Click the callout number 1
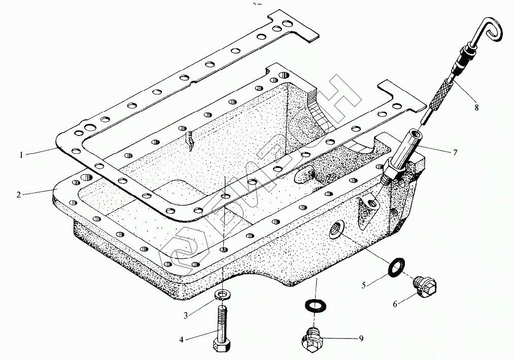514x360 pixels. (21, 155)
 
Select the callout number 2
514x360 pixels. (19, 195)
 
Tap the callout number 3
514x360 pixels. (186, 316)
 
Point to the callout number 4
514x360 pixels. (181, 340)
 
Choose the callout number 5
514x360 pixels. (363, 285)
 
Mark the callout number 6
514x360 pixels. (395, 305)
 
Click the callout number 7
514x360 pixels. (455, 153)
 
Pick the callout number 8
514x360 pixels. (476, 107)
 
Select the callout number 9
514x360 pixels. (361, 338)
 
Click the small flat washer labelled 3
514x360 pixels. (223, 294)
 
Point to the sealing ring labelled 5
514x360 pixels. (396, 267)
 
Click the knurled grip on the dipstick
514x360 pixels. (440, 95)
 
